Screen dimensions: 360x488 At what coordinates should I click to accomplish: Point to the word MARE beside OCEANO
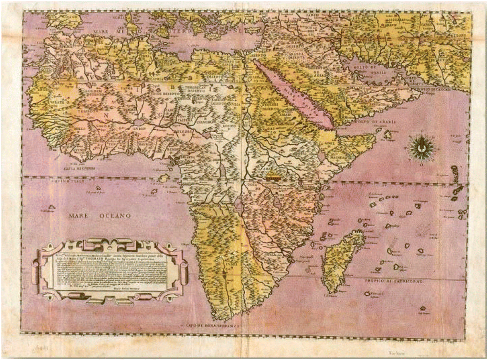[x=79, y=216]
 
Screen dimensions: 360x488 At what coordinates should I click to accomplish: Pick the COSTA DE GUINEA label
[x=79, y=168]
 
